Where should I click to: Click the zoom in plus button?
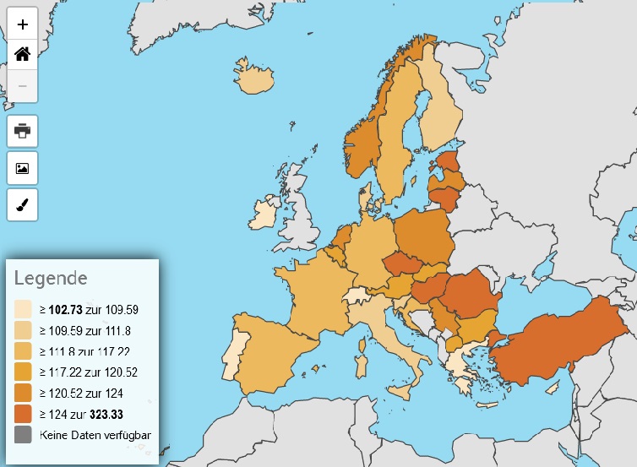point(23,24)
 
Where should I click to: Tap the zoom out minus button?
point(23,86)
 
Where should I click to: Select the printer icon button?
point(23,131)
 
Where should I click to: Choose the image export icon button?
point(23,168)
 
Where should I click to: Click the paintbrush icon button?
point(23,204)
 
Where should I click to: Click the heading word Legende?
point(51,278)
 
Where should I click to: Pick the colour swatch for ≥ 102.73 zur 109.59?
point(23,309)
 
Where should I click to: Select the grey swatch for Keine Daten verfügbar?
point(23,435)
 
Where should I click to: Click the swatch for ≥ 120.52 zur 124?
point(23,393)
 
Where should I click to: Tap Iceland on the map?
point(254,80)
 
